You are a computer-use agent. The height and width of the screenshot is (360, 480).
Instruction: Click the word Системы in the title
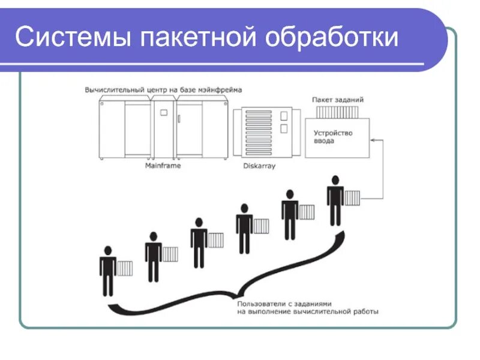pos(72,37)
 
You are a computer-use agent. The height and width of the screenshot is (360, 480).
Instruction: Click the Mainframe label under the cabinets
pos(163,165)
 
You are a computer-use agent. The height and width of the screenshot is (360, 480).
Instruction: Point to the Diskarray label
pos(259,166)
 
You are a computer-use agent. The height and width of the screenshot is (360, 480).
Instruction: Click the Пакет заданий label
pos(338,100)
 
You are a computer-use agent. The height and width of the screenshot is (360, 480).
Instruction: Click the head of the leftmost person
pos(108,250)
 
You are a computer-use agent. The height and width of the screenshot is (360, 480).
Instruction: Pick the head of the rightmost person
pos(335,180)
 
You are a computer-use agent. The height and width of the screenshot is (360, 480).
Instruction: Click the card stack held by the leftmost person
pos(125,268)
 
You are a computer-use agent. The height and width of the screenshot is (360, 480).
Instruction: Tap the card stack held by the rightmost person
pos(352,198)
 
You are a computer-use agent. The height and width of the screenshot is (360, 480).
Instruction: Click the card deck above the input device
pos(338,112)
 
